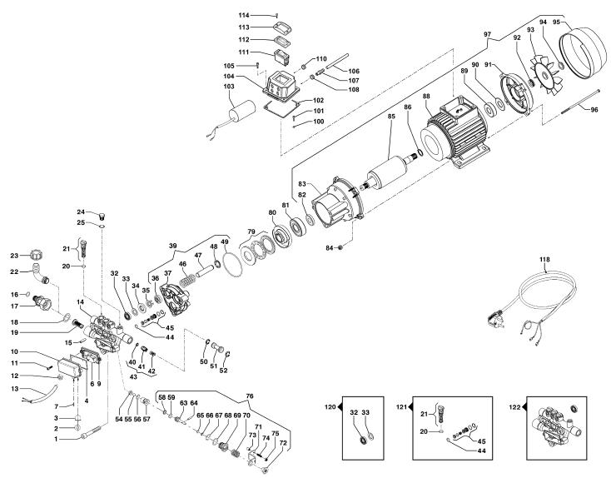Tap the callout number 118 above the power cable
click(544, 259)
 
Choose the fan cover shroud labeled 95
click(582, 54)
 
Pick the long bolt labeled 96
click(580, 102)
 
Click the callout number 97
click(488, 34)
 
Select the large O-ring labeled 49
click(233, 266)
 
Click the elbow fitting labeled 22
click(41, 273)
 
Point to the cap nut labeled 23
click(36, 256)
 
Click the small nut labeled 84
click(340, 247)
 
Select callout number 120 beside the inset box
click(330, 407)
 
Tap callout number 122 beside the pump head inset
click(514, 407)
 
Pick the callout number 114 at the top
click(244, 15)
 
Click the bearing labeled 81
click(298, 227)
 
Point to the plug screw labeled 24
click(103, 216)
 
